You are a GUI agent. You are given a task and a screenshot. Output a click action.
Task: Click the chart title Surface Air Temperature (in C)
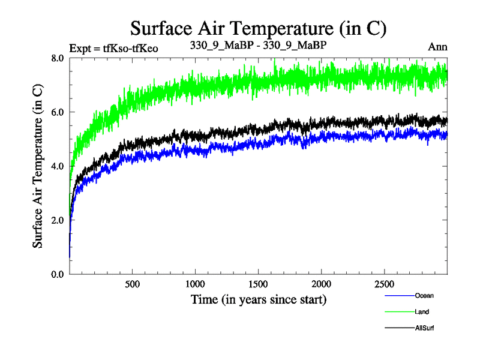click(258, 28)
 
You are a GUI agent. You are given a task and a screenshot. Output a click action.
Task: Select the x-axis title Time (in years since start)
click(259, 299)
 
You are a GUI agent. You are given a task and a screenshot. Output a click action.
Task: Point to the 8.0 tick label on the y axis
click(59, 58)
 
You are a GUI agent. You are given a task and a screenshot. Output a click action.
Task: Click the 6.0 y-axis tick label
click(59, 112)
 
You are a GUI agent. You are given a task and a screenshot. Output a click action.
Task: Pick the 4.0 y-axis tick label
click(59, 166)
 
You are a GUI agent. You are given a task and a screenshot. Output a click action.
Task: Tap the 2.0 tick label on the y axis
click(59, 220)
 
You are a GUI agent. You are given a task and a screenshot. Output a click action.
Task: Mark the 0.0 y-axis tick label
click(59, 274)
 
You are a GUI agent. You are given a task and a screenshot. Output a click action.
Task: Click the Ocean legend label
click(424, 295)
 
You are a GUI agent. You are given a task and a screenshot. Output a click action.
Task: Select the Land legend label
click(422, 312)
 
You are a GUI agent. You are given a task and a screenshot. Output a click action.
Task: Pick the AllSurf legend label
click(424, 328)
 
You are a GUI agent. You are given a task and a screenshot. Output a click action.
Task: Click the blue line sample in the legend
click(399, 296)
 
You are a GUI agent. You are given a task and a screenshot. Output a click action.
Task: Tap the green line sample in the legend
click(399, 312)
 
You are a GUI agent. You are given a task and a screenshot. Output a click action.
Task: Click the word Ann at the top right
click(438, 47)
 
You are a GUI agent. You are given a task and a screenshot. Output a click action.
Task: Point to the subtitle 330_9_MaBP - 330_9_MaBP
click(258, 46)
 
